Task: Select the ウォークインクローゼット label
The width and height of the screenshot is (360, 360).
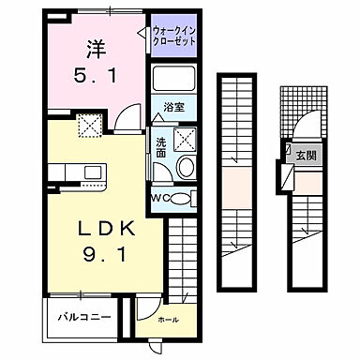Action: tap(173, 37)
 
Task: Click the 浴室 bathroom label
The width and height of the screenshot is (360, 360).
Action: tap(172, 107)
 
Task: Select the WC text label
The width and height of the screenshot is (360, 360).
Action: tap(159, 197)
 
